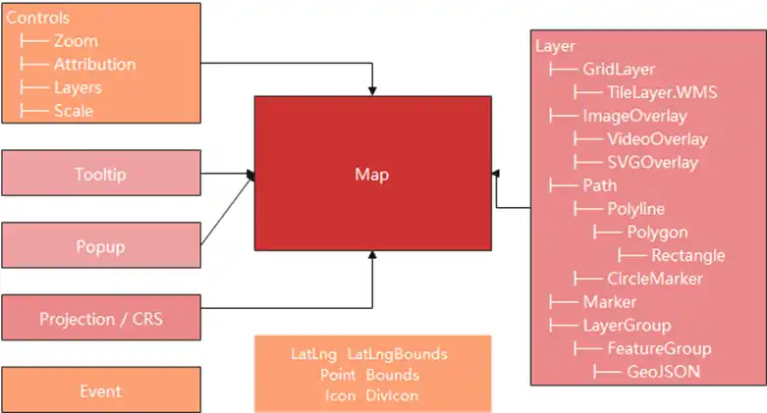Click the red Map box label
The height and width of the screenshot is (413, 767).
[371, 175]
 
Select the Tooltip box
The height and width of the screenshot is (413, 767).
[101, 174]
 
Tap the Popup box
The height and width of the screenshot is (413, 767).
[101, 246]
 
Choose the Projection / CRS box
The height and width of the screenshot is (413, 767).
[101, 319]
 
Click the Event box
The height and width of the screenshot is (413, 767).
[101, 391]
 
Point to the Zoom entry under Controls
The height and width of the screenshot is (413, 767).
[76, 41]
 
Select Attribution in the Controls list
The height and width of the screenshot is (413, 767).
[94, 65]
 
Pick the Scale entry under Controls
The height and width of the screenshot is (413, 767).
[74, 111]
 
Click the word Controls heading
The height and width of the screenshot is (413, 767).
[38, 19]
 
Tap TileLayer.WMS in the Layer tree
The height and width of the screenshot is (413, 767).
[662, 93]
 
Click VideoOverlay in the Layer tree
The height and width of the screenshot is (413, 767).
[657, 139]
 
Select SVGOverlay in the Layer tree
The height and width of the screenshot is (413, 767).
[652, 163]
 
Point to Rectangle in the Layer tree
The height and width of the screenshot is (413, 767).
[687, 255]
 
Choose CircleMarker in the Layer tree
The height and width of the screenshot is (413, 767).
[654, 279]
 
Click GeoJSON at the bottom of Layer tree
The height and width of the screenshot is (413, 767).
[663, 372]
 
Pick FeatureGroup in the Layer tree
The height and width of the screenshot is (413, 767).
[659, 348]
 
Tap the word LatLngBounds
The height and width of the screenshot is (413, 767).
[398, 353]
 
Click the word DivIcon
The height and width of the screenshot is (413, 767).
[392, 395]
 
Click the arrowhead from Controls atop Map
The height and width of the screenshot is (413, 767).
[372, 90]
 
